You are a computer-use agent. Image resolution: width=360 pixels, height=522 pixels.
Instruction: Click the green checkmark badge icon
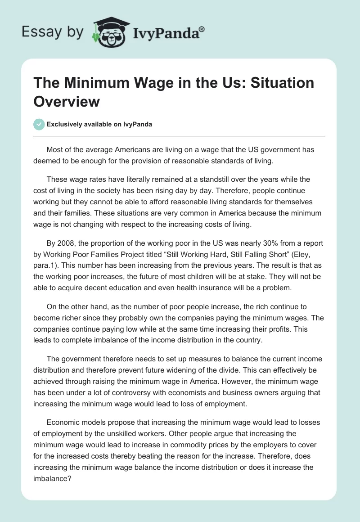tap(40, 124)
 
